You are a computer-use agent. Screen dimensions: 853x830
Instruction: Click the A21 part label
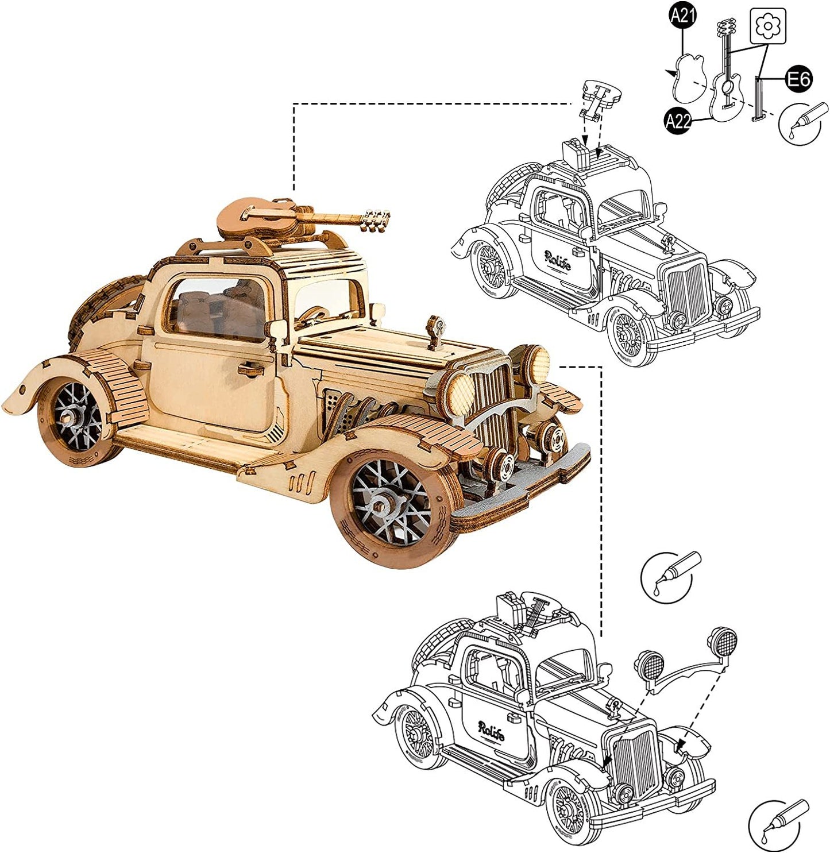[x=682, y=16]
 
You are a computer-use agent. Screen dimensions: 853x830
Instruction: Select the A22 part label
[x=677, y=121]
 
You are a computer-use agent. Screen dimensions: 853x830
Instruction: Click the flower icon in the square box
[x=767, y=26]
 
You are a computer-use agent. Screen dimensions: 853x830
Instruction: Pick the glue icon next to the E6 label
[x=803, y=122]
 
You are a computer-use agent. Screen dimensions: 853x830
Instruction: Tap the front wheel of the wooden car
[x=392, y=504]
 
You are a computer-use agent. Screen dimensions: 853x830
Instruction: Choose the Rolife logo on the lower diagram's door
[x=491, y=731]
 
